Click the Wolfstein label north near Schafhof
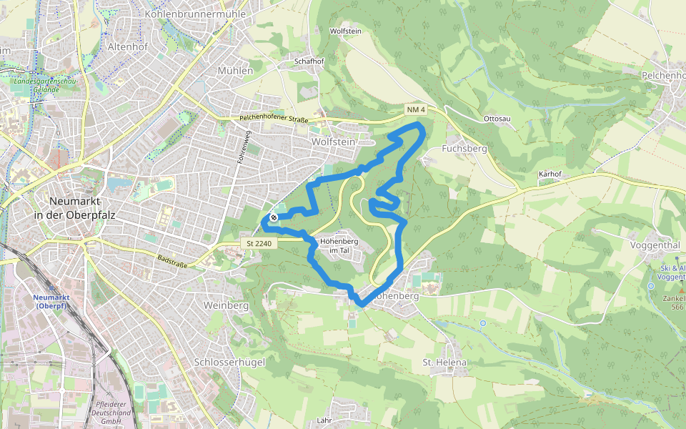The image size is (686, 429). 346,31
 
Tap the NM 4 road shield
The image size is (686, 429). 416,109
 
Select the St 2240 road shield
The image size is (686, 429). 259,244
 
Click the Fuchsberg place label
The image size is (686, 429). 464,149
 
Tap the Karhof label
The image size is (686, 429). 550,174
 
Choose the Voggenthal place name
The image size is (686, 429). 655,245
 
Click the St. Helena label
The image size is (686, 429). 444,363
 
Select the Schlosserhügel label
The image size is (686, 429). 229,363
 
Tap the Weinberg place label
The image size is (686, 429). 226,305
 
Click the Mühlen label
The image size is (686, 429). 234,71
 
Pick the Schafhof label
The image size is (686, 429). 309,61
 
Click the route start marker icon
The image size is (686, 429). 273,217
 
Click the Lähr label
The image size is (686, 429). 324,420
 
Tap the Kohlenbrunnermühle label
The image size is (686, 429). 195,14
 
